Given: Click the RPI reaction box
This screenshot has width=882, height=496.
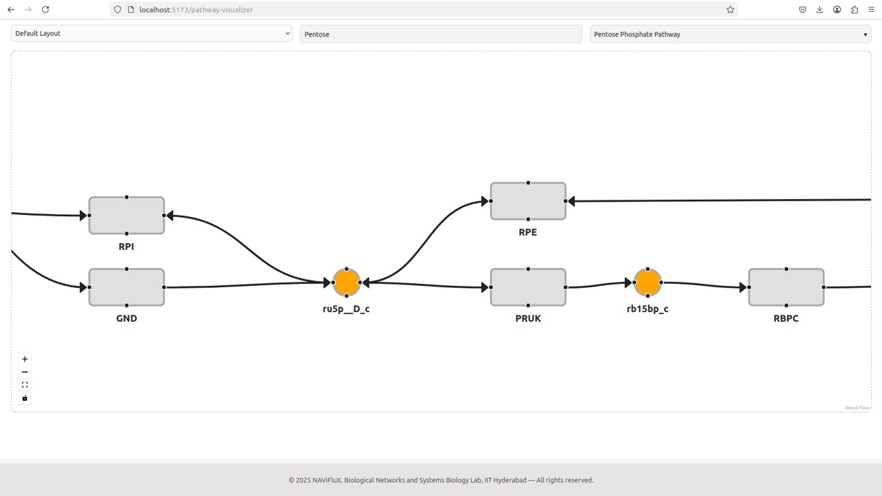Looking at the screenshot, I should [126, 216].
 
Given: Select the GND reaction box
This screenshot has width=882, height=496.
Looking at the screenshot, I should [126, 287].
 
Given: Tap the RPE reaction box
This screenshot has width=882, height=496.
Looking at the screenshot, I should [528, 201].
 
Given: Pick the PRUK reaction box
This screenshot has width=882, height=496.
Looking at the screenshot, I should [528, 287].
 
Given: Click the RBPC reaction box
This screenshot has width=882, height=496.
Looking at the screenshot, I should [786, 287].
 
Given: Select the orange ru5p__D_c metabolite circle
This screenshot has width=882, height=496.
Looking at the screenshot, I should [347, 282].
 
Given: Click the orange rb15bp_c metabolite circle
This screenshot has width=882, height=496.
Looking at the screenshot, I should [648, 282].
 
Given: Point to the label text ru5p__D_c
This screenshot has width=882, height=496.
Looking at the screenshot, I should [346, 309].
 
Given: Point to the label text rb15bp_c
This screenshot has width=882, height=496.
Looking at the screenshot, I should [647, 309].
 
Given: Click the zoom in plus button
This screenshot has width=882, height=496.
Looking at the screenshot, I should [25, 359].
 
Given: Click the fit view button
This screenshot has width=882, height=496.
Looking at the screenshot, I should [25, 385].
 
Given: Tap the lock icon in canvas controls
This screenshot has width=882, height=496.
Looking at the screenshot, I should [25, 398].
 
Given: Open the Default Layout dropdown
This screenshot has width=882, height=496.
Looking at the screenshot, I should [152, 34].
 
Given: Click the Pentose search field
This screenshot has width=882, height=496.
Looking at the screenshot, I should [441, 34].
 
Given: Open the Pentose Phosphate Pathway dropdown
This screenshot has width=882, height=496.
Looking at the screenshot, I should [730, 34].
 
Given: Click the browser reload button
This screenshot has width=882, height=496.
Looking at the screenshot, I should [45, 10].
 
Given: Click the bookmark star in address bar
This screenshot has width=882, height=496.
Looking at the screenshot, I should [730, 10].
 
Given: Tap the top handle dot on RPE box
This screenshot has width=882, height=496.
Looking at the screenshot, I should [528, 183].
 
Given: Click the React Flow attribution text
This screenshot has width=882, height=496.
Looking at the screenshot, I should [857, 408].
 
